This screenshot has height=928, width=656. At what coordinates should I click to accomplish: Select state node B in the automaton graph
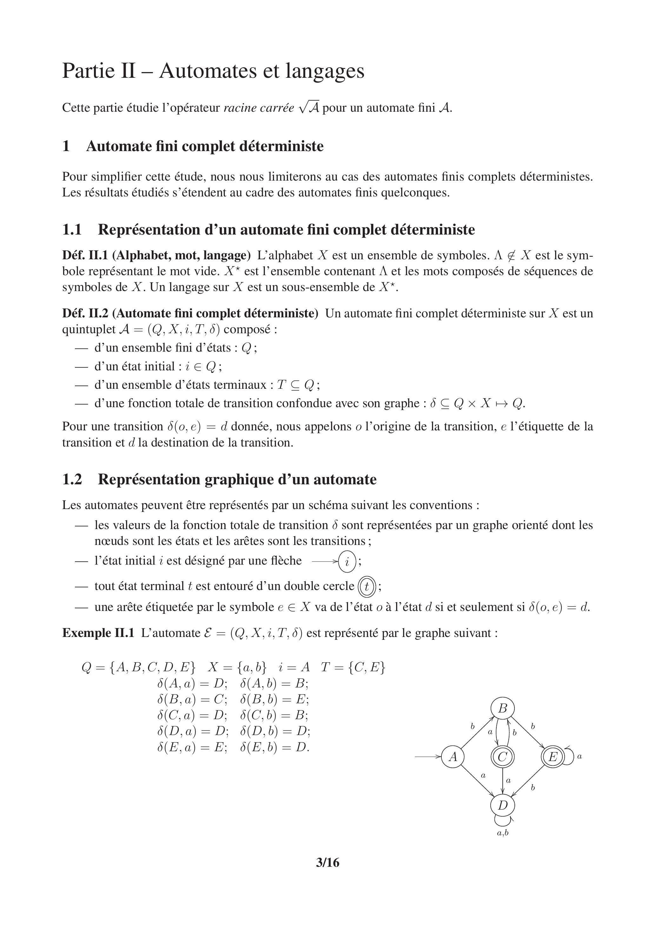(502, 708)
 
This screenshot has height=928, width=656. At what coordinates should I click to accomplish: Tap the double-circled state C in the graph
(502, 757)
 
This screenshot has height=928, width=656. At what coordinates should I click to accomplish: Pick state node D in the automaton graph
(502, 805)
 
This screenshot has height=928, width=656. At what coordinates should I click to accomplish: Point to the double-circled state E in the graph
(552, 757)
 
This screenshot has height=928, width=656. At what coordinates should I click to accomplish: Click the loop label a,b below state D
(502, 832)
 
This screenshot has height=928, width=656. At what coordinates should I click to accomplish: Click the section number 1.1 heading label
(72, 229)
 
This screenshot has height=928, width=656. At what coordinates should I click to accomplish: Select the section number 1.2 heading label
(72, 479)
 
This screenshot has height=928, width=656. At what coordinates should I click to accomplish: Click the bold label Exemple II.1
(98, 633)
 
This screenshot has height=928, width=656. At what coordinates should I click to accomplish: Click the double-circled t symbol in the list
(367, 587)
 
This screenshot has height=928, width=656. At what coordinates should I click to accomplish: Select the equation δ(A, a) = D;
(192, 684)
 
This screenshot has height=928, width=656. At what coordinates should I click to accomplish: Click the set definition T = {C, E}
(353, 667)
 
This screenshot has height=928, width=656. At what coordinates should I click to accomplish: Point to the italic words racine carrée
(258, 108)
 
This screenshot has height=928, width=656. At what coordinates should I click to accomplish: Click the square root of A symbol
(308, 108)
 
